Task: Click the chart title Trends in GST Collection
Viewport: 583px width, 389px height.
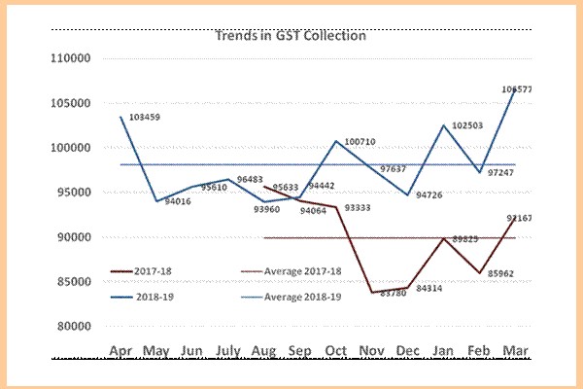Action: pos(290,36)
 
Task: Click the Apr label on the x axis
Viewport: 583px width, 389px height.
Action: pos(121,350)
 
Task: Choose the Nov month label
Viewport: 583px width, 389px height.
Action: pos(370,350)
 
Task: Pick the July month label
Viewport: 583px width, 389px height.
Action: pos(229,350)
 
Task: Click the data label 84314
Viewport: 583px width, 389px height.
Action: pos(428,288)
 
